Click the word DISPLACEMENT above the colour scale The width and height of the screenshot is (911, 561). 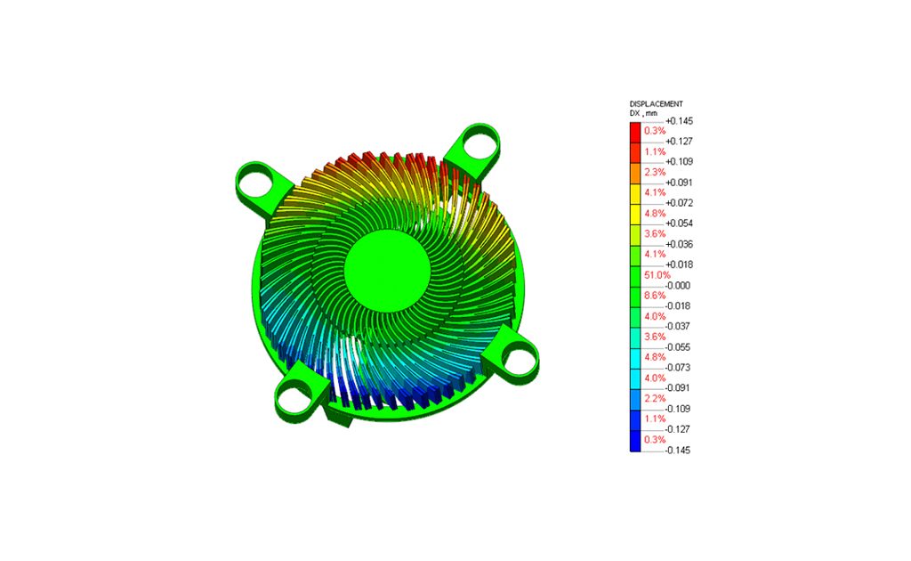656,104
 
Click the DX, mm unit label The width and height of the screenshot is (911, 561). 643,113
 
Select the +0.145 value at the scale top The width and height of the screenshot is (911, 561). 679,121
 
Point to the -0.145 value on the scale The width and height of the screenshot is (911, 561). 678,450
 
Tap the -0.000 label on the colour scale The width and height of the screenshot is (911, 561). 678,286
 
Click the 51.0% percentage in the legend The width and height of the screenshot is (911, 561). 657,275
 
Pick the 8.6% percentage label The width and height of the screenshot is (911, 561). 655,296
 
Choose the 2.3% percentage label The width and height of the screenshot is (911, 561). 655,172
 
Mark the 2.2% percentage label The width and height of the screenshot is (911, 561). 655,398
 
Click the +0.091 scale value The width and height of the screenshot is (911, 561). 679,183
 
